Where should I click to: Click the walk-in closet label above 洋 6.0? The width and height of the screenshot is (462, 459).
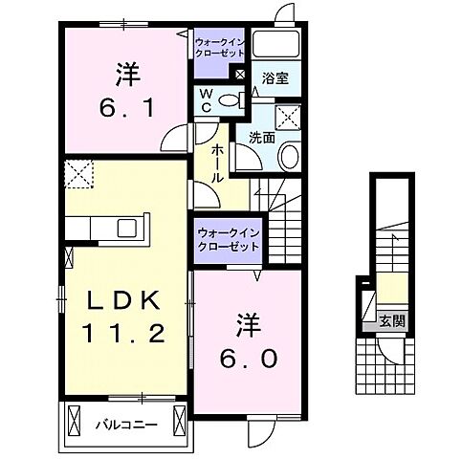[x=229, y=239]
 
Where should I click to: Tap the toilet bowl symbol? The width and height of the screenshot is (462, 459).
[x=229, y=99]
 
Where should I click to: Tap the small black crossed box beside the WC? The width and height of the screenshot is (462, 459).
[x=239, y=74]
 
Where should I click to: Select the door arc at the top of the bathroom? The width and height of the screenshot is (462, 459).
[x=284, y=13]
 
